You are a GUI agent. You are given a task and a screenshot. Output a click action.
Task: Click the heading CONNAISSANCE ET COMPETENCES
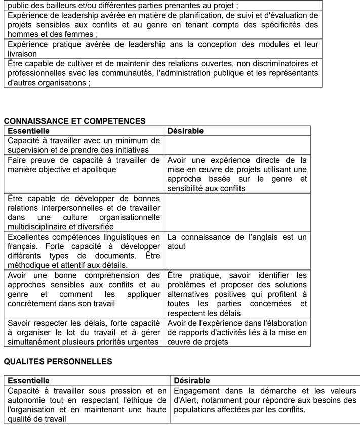pos(74,121)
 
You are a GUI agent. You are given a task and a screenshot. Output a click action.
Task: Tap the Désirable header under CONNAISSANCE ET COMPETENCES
pos(185,131)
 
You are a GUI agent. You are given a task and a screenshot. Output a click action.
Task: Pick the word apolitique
pos(99,169)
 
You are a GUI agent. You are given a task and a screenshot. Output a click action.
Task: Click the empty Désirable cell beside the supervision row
pos(237,145)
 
